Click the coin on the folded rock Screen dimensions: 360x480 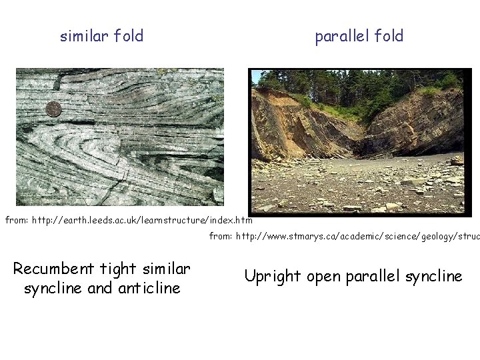[53, 109]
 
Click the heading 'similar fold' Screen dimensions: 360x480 [101, 36]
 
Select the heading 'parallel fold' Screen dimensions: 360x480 [359, 36]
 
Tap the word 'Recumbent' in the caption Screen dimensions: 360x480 [54, 269]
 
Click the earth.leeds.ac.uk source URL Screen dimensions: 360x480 [143, 220]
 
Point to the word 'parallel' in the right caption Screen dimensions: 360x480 [371, 276]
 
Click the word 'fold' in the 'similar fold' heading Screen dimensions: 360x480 [129, 36]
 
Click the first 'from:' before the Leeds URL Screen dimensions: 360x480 [17, 220]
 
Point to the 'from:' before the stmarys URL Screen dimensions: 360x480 [221, 235]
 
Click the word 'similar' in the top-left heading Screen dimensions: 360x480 [85, 36]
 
